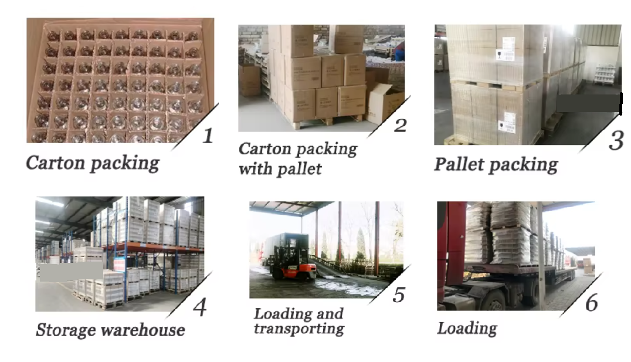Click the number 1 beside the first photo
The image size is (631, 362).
click(208, 136)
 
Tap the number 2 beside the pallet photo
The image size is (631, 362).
click(400, 125)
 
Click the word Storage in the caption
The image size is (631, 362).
click(65, 330)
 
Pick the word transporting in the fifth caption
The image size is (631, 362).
click(298, 329)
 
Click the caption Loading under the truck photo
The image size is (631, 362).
click(467, 328)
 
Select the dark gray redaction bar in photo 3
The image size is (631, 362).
click(588, 103)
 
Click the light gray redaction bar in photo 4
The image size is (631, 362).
click(70, 270)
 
